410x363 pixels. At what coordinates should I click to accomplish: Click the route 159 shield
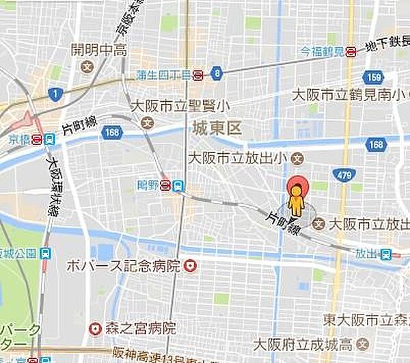tap(373, 77)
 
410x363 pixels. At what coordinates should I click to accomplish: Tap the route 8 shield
tap(217, 72)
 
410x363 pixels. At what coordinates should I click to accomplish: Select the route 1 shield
tap(54, 93)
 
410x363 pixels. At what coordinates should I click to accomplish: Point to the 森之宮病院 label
tap(142, 329)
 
